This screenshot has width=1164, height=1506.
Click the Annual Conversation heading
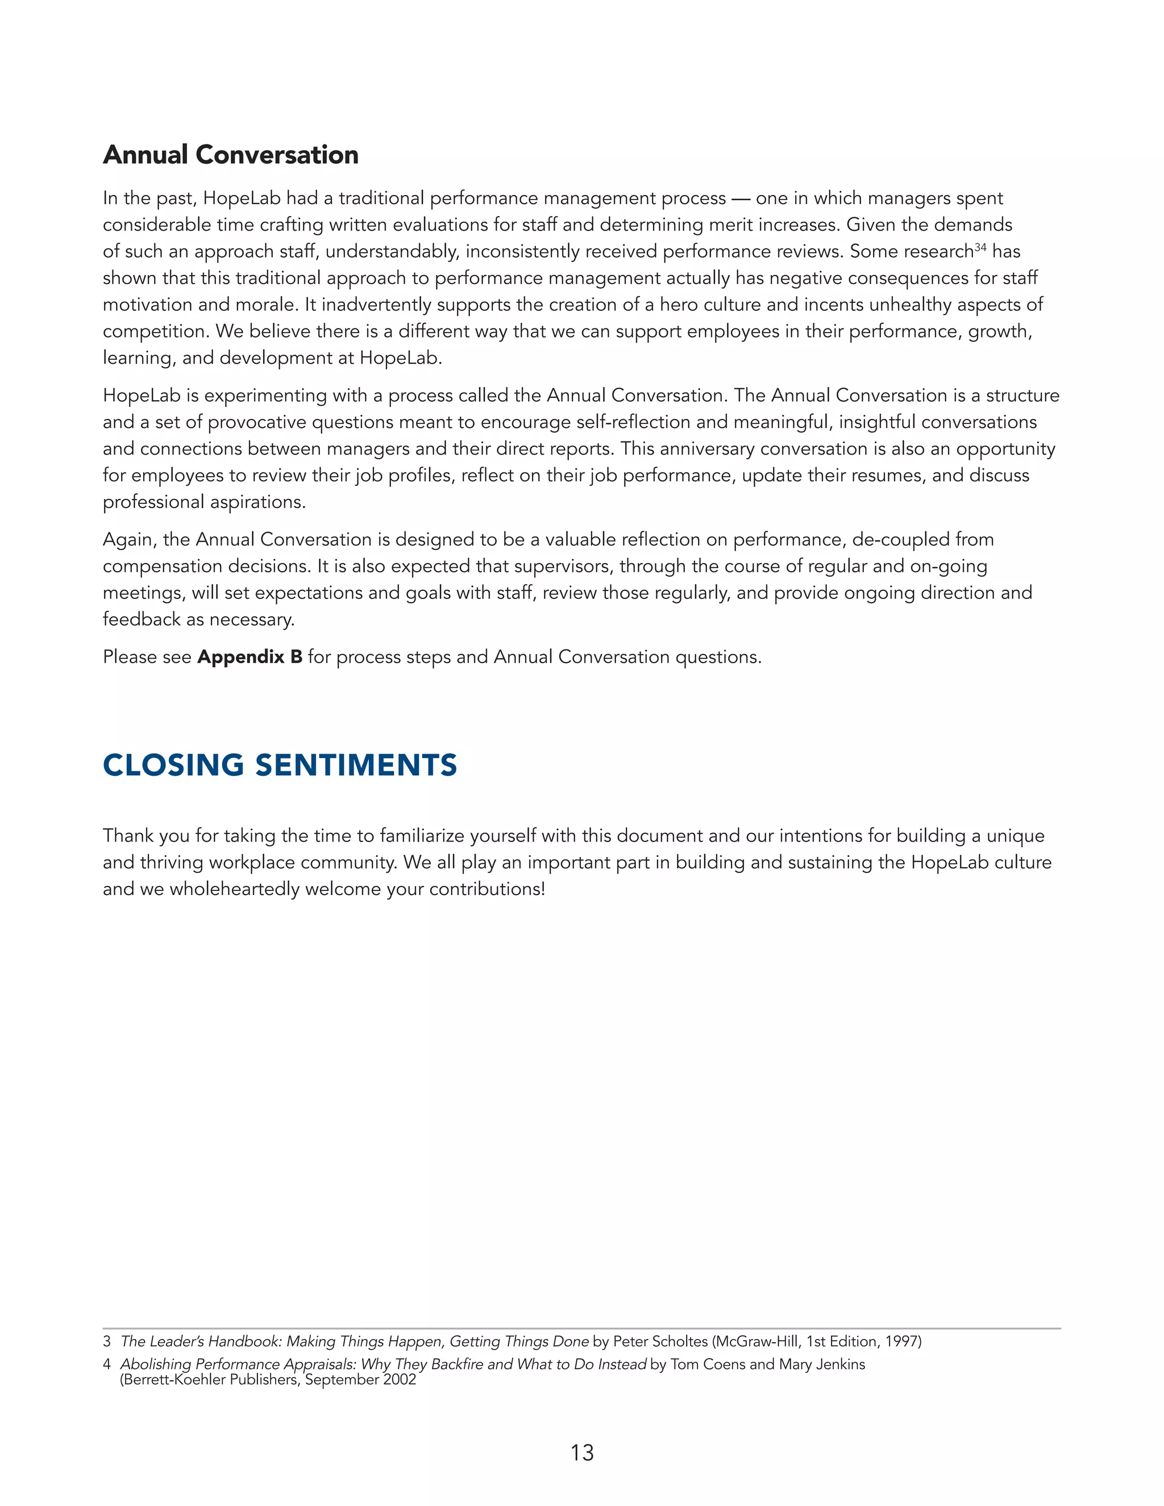(230, 155)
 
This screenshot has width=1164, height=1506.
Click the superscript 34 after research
(980, 247)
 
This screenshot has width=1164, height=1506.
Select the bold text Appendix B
(250, 657)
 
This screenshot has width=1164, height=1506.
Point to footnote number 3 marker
(107, 1341)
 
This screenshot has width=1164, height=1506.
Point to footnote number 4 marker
(107, 1364)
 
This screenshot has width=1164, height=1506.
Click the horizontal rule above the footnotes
(582, 1328)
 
